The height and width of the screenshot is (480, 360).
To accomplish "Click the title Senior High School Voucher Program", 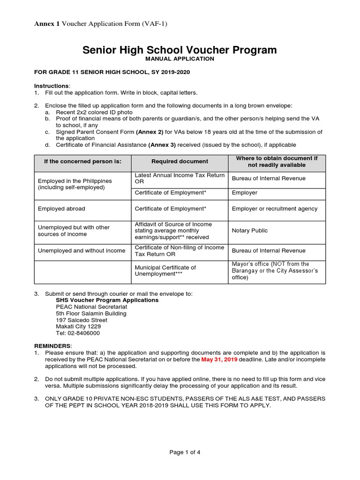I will point(180,50).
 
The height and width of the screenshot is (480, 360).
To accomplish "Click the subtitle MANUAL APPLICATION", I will point(180,59).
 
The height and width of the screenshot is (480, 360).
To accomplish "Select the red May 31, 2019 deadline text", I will point(219,360).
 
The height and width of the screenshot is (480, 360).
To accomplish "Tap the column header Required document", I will point(180,161).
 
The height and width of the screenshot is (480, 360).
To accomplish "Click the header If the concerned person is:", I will point(82,161).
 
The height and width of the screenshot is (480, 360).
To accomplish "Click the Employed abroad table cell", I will point(61,209).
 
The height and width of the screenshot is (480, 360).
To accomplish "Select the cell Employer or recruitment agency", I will point(274,209).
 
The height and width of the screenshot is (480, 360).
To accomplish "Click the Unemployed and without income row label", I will point(82,251).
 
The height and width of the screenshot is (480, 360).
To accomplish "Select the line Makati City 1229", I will point(78,327).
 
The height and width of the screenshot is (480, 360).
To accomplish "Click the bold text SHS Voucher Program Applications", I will point(107,300).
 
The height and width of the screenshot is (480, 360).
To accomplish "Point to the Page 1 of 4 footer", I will point(185,452).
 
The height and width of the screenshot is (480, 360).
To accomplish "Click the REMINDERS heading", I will point(52,345).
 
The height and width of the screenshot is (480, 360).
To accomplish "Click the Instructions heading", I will point(52,86).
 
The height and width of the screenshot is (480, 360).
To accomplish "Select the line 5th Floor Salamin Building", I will point(91,314).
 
